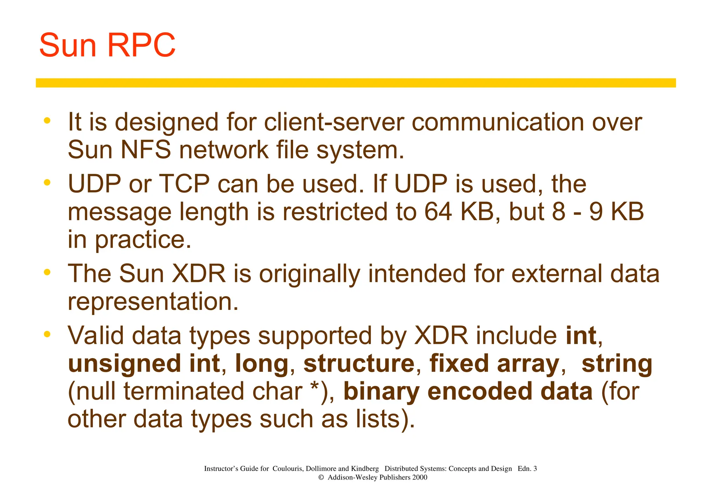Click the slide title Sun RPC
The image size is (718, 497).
(x=107, y=46)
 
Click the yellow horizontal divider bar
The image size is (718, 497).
(x=355, y=83)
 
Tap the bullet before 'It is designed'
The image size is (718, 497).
(x=47, y=121)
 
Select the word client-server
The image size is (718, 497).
(x=334, y=122)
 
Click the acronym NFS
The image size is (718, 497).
(x=145, y=150)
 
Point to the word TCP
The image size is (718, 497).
(x=184, y=184)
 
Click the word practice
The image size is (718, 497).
(x=143, y=240)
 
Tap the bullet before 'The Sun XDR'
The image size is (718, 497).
(x=47, y=272)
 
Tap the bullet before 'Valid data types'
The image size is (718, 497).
(x=47, y=334)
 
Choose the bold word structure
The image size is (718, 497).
(x=359, y=363)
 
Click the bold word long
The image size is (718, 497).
(x=262, y=364)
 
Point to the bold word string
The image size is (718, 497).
(x=617, y=364)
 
